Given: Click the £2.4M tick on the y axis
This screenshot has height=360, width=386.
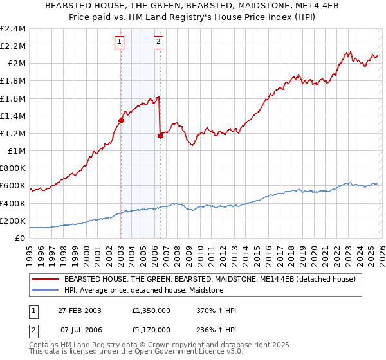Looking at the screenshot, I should click(14, 29).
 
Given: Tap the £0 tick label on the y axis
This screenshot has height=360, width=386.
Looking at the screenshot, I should click(21, 238).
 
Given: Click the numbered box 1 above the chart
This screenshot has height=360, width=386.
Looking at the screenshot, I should click(120, 42).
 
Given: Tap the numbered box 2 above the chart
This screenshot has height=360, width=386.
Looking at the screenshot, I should click(158, 42).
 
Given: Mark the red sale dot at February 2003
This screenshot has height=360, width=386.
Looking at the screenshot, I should click(121, 120).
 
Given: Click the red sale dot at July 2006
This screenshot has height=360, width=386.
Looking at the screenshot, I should click(160, 136).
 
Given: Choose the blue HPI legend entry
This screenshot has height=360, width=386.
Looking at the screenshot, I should click(143, 291).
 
